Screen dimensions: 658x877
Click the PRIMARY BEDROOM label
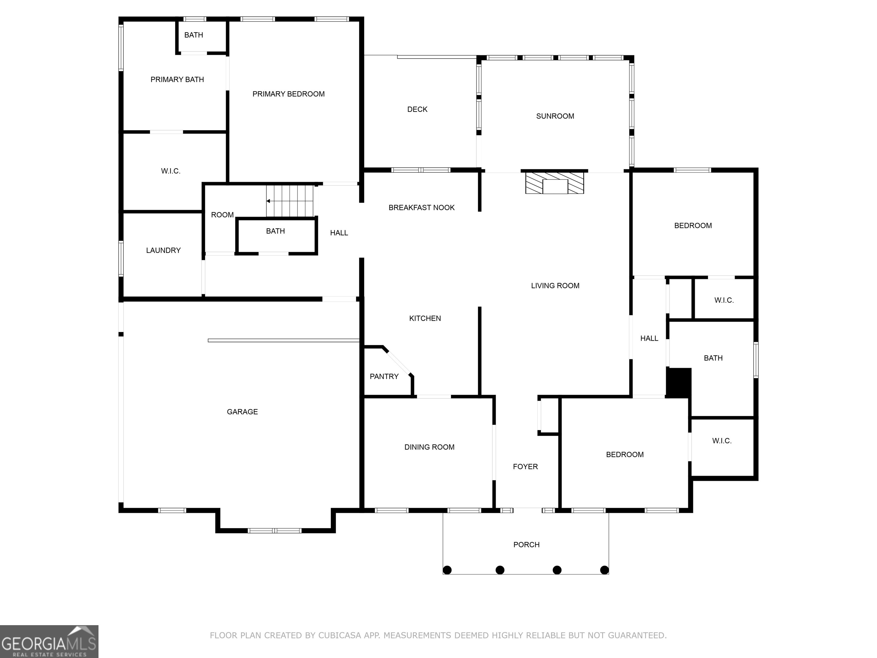coord(288,94)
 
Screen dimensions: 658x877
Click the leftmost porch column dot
coord(447,570)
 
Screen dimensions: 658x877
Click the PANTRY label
coord(384,376)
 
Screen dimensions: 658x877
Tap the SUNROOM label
coord(555,116)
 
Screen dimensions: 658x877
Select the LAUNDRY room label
coord(163,250)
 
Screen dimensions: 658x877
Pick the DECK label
coord(417,109)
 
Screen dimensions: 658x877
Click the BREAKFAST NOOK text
coord(421,207)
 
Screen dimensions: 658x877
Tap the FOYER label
coord(525,466)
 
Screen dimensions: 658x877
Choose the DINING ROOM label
coord(429,447)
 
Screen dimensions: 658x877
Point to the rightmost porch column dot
coord(604,570)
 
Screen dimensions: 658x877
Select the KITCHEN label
coord(425,318)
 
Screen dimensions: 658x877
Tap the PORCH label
coord(526,545)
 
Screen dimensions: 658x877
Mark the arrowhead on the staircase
coord(268,201)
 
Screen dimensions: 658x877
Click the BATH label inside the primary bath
coord(194,35)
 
